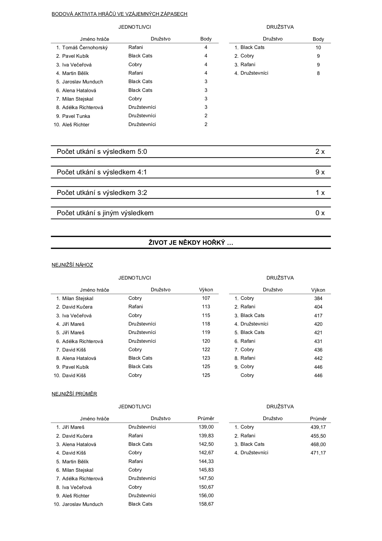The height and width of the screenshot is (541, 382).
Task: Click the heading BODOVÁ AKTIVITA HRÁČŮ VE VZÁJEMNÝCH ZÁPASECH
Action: (x=119, y=14)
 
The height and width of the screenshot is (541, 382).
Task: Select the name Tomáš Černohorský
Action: (x=85, y=47)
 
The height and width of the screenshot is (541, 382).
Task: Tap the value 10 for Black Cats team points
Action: (x=318, y=47)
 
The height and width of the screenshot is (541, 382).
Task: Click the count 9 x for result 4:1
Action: (x=320, y=172)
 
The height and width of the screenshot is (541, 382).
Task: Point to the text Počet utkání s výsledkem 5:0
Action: (x=102, y=152)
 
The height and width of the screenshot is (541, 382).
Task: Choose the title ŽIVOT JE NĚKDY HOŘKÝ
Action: (x=191, y=243)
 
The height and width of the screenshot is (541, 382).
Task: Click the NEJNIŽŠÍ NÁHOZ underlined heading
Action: (x=72, y=265)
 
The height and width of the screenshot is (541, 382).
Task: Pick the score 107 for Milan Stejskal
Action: (x=206, y=298)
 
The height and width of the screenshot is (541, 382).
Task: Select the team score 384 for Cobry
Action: (x=318, y=299)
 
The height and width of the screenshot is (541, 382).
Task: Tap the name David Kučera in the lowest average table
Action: (x=77, y=436)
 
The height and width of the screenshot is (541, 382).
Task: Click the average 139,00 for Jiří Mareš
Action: (x=206, y=427)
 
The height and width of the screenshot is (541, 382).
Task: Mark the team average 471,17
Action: (x=318, y=453)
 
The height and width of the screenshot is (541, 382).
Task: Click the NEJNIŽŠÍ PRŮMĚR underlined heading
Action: (x=74, y=394)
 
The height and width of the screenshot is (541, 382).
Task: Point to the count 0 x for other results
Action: (x=320, y=213)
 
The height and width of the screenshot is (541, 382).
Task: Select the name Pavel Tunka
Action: (x=76, y=116)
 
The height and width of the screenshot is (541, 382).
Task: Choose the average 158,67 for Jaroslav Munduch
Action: (x=206, y=504)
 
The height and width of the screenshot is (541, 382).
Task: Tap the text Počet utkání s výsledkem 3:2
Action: (x=102, y=193)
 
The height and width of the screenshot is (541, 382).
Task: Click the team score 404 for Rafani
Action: (x=318, y=307)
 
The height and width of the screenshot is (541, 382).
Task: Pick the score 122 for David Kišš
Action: (x=206, y=350)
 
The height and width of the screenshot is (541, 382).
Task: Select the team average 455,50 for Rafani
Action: (x=318, y=436)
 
